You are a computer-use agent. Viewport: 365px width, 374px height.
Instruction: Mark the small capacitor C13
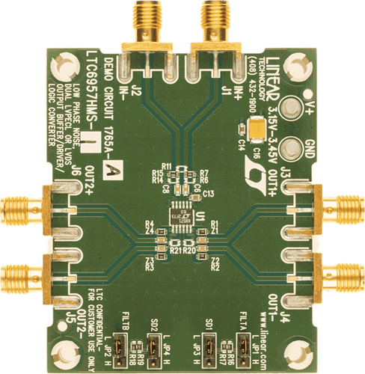pyautogui.click(x=208, y=194)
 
